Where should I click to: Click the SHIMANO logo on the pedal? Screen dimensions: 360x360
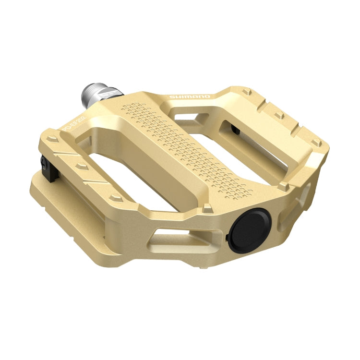[x=190, y=97]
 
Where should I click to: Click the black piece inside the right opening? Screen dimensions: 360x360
[x=235, y=129]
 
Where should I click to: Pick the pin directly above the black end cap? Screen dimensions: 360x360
[x=207, y=208]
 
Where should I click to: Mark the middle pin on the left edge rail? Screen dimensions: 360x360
[x=79, y=166]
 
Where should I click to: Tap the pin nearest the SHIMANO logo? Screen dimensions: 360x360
[x=246, y=91]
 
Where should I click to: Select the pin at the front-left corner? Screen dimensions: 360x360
[x=114, y=197]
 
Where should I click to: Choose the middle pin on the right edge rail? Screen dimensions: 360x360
[x=278, y=115]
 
